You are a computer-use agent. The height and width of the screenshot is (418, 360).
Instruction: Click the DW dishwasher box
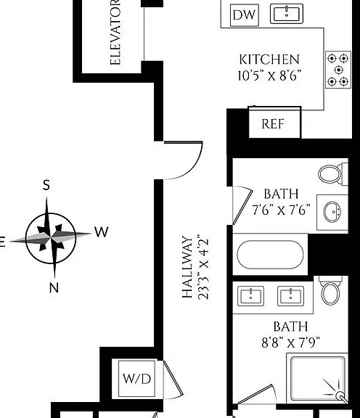tap(245, 15)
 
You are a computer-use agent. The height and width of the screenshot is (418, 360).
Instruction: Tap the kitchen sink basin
tap(287, 14)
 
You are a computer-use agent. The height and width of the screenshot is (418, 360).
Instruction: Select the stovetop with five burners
tap(338, 70)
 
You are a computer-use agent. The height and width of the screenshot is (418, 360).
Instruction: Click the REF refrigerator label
tap(272, 124)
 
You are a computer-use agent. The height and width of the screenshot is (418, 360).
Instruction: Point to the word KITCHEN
tap(269, 60)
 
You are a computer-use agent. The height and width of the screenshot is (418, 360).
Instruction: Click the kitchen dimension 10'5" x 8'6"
tap(269, 75)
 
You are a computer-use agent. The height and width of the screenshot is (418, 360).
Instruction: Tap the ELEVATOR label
tap(115, 33)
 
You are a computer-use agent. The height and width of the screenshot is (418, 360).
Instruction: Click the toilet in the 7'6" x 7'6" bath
tap(333, 174)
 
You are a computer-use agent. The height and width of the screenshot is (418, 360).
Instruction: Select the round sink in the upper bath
tap(332, 212)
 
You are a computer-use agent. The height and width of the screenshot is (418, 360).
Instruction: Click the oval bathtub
tap(270, 254)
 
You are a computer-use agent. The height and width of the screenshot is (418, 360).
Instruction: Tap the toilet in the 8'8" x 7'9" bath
tap(331, 291)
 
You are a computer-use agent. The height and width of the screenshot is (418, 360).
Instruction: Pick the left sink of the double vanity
tap(250, 296)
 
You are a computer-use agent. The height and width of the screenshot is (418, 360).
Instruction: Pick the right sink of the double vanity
tap(290, 296)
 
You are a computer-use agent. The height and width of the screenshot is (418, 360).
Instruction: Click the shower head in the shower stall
tap(341, 396)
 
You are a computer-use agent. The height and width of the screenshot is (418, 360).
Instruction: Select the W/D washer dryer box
tap(136, 379)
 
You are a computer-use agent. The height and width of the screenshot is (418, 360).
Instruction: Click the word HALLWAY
tap(187, 267)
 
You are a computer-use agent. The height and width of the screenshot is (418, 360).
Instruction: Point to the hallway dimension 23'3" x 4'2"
tap(203, 267)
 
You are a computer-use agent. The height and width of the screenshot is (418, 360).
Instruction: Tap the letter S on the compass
tap(46, 185)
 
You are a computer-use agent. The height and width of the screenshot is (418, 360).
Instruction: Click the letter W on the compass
tap(102, 231)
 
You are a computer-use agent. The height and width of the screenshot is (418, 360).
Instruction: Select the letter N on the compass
tap(54, 287)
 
